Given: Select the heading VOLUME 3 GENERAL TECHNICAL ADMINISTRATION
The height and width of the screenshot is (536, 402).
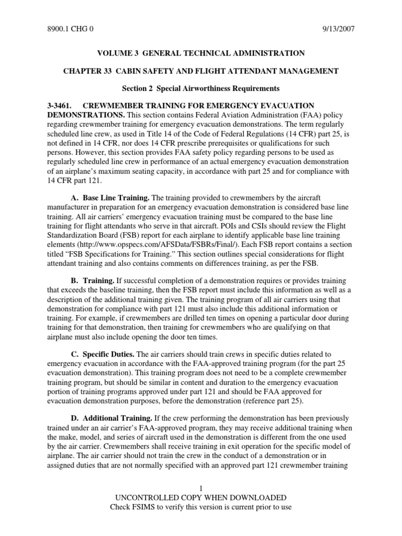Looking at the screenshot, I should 200,53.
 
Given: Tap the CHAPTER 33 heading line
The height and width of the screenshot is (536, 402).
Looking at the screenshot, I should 200,71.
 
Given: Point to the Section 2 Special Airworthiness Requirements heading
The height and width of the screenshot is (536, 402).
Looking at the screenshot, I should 201,88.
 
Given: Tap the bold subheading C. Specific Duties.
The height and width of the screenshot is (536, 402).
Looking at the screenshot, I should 102,354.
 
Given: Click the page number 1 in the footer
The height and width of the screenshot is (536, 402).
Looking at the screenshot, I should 200,488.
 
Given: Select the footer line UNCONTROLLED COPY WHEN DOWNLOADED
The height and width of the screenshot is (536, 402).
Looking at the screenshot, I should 200,497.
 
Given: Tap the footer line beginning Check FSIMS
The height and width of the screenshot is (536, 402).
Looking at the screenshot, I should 200,507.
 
